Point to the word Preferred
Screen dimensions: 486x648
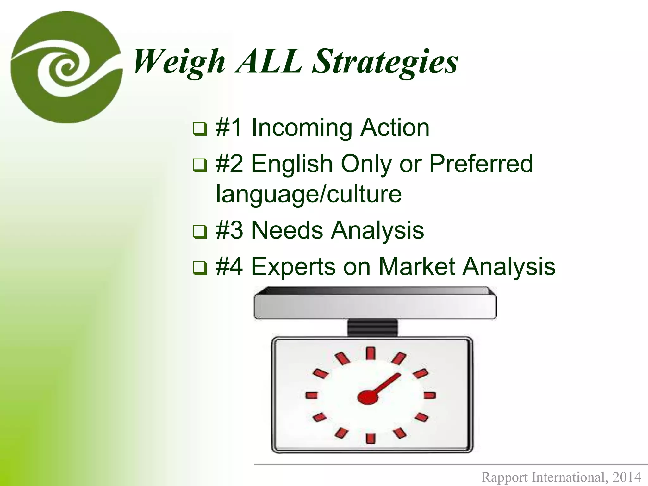click(x=481, y=164)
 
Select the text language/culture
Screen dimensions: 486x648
click(x=309, y=194)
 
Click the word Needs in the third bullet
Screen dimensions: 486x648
click(x=287, y=230)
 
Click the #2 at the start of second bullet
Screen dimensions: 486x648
click(x=229, y=164)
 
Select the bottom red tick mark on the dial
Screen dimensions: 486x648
click(x=371, y=438)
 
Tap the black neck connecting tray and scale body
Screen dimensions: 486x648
click(x=372, y=328)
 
